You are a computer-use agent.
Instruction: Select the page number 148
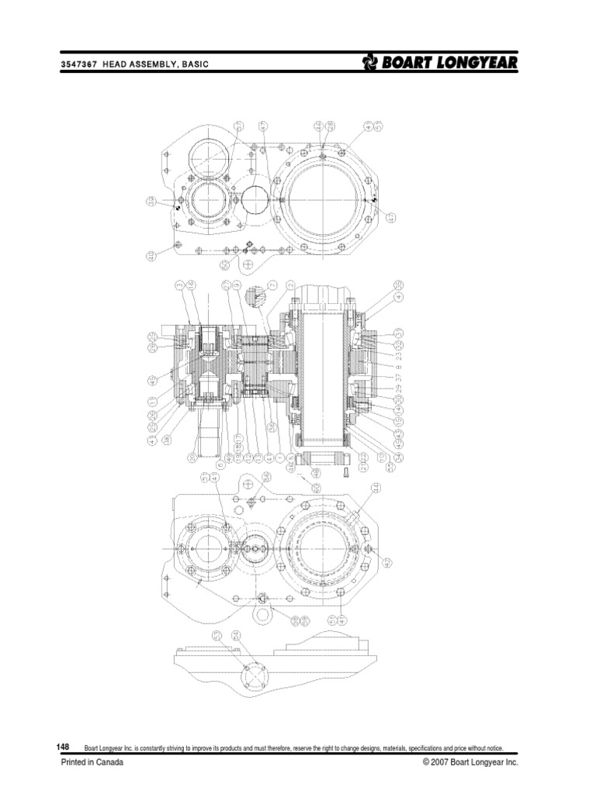click(x=65, y=746)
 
